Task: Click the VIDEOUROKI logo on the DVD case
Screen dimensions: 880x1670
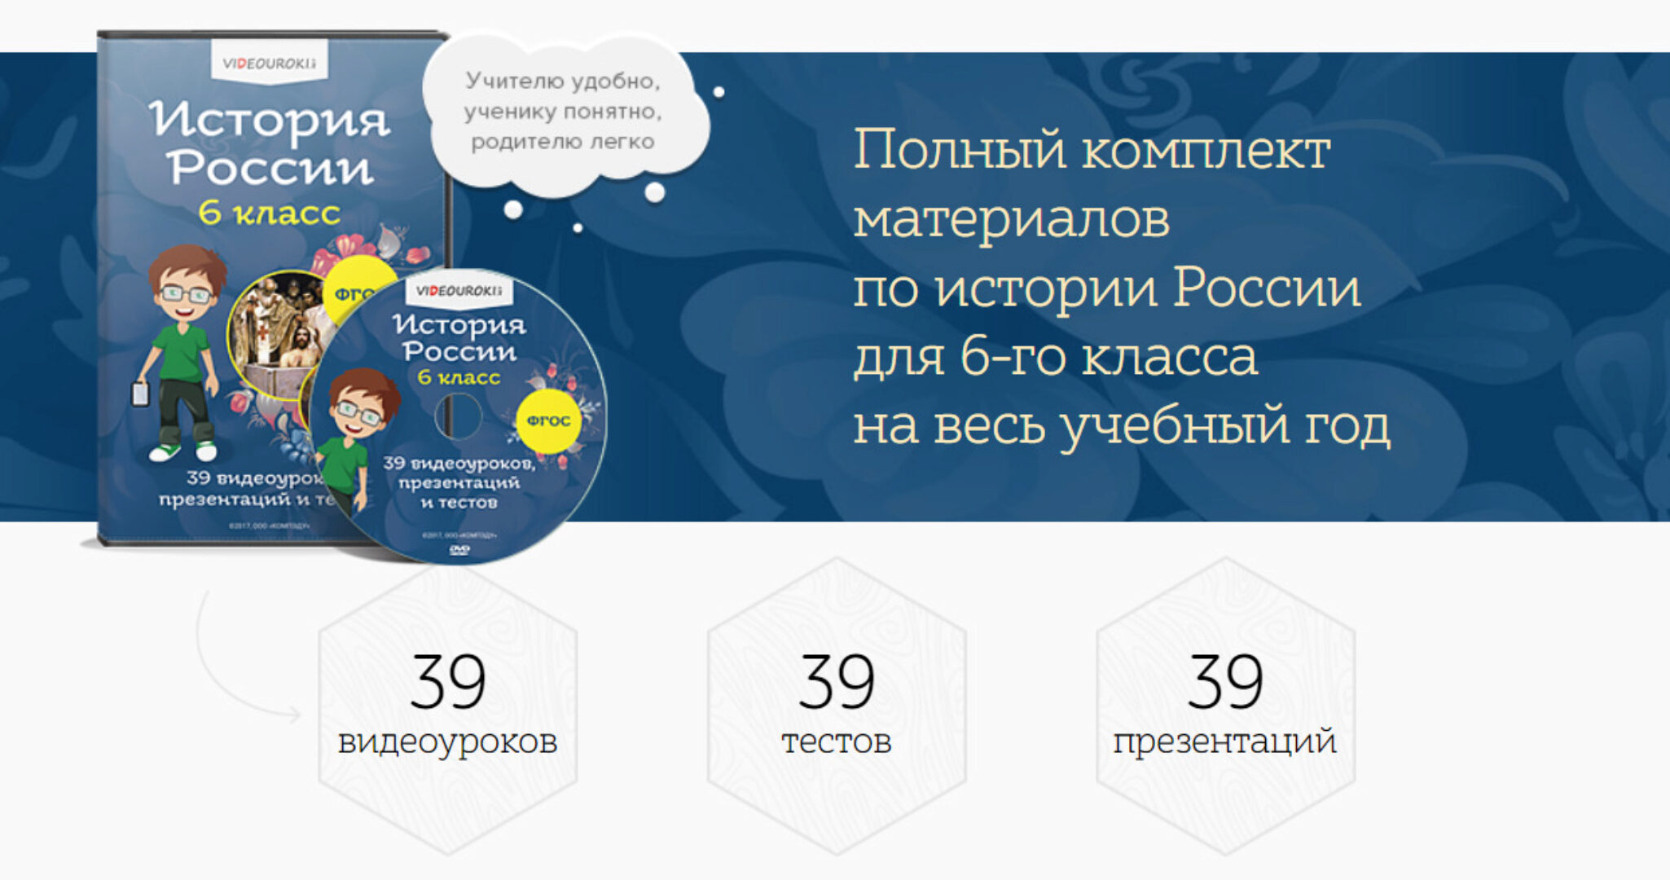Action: pos(270,64)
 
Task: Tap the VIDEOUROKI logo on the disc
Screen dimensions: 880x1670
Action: pos(459,291)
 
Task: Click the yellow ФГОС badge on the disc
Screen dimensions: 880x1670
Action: pos(548,420)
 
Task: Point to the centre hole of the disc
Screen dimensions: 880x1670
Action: pos(459,416)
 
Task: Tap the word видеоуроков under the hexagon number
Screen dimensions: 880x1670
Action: pos(447,741)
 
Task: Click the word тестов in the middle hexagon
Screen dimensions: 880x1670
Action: pos(837,741)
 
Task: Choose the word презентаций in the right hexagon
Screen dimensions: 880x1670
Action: pos(1225,741)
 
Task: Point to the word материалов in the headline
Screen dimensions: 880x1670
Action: pos(1011,220)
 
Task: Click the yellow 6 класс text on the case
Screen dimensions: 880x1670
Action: pos(270,213)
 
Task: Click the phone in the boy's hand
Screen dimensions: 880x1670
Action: pos(141,394)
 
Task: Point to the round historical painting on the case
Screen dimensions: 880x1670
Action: pos(273,334)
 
